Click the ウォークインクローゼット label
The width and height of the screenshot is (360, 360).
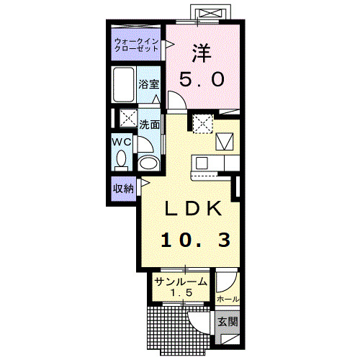[136, 45]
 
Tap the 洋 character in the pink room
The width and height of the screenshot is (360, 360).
[202, 53]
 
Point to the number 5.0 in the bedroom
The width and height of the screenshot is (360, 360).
[202, 79]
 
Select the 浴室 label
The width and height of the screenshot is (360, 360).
[149, 84]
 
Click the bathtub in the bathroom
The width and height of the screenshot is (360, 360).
[123, 85]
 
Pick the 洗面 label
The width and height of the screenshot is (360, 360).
[150, 125]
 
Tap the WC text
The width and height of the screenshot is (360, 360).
[122, 142]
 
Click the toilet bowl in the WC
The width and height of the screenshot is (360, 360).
[121, 159]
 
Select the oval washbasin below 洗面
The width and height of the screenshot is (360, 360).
[149, 163]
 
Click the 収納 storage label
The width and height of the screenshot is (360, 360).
[123, 189]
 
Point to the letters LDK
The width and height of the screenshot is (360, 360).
[193, 208]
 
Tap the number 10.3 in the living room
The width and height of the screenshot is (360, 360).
[196, 240]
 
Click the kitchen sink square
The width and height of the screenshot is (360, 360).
[202, 163]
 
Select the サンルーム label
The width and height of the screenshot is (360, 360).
[181, 282]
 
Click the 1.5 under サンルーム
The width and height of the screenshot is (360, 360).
[181, 292]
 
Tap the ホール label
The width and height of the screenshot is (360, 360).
[228, 300]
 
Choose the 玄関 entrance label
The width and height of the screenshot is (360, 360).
[228, 322]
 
